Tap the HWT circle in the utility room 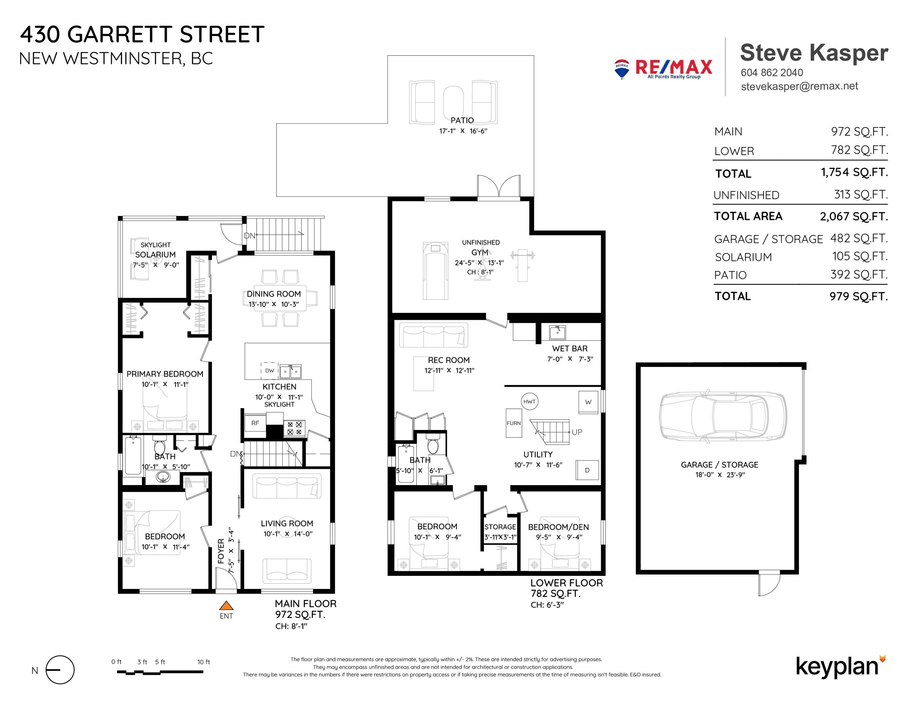529,401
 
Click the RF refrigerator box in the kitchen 255,423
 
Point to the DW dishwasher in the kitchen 270,370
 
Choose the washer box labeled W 588,402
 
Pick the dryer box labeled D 587,470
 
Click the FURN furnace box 514,423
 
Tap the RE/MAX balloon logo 622,69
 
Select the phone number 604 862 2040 772,72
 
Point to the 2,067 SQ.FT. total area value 854,216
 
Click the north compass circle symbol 60,670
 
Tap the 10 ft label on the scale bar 204,662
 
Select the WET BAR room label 570,348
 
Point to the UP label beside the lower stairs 577,432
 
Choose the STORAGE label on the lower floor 500,527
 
